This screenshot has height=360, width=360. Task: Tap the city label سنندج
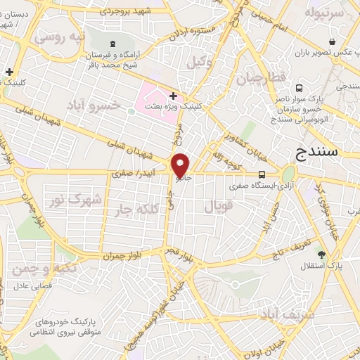point(318,151)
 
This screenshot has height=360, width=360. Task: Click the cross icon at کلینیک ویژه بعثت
point(173,95)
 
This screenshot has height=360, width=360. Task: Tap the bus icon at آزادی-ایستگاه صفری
point(262,175)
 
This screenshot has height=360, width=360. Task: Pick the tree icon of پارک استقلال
point(322,254)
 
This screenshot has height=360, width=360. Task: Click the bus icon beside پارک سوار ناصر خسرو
point(300,89)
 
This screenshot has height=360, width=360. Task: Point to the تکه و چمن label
point(43,269)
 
